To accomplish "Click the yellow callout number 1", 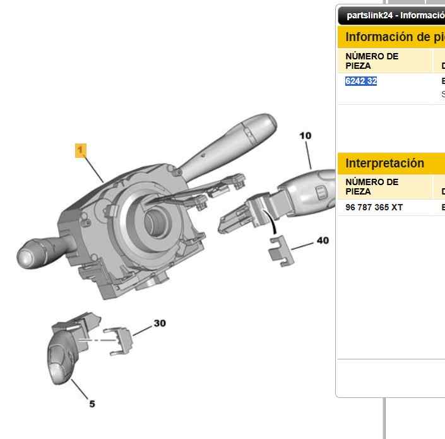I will point(80,150).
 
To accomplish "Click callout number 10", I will point(306,135).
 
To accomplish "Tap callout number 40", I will point(323,241).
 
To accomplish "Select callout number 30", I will point(160,323).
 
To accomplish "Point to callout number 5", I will point(92,404).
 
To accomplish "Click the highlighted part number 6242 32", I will point(361,81).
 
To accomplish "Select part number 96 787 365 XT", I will point(374,207).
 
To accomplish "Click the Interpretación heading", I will point(384,163).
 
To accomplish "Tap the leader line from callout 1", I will point(93,169).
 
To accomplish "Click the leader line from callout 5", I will point(80,388).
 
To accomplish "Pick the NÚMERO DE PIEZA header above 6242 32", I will point(372,61).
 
